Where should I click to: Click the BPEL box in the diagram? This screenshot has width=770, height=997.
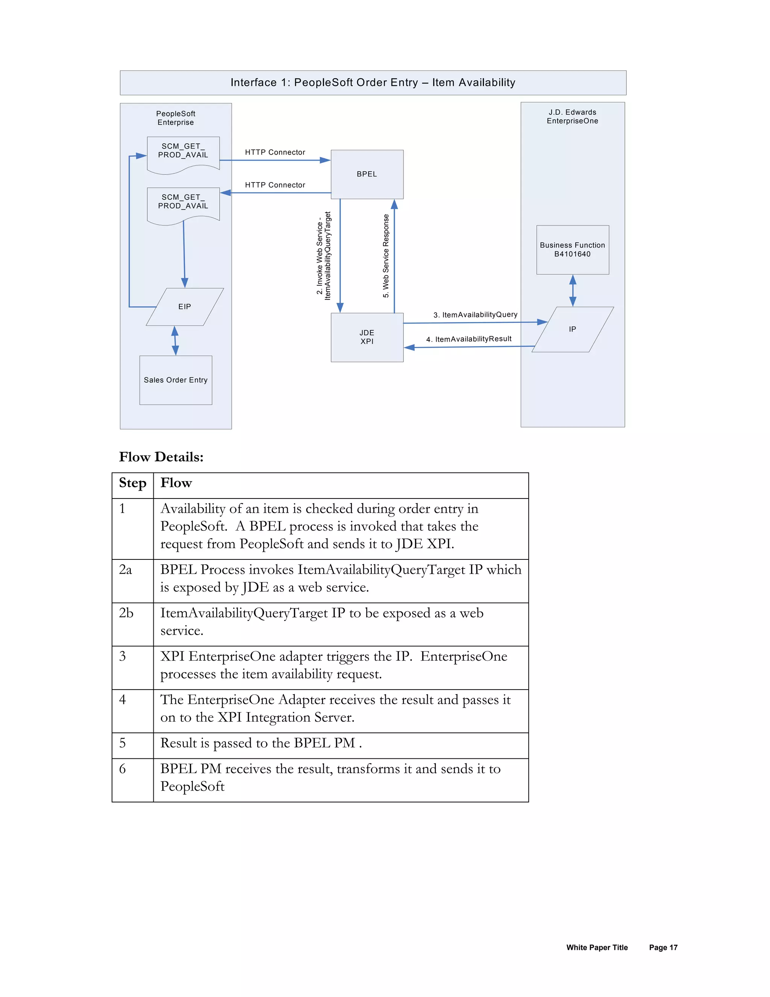367,174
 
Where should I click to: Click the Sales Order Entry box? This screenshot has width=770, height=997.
176,380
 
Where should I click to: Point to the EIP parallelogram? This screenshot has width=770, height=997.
185,307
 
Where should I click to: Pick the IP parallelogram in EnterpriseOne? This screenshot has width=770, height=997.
573,329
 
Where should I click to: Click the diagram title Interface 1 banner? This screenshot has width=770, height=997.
373,83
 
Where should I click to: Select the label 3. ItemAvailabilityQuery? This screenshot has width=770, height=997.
475,315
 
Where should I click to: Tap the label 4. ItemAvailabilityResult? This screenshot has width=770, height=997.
468,339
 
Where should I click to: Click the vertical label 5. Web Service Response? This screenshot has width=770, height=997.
386,255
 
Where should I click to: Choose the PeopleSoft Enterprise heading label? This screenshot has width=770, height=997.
176,118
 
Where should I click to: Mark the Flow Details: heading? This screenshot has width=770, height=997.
161,457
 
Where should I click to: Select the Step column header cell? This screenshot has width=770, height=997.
132,483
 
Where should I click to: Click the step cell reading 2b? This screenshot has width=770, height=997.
126,613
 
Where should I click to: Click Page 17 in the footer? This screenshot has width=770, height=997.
663,947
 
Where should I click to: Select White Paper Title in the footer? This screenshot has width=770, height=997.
597,947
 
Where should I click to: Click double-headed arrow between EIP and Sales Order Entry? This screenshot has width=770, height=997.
175,340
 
